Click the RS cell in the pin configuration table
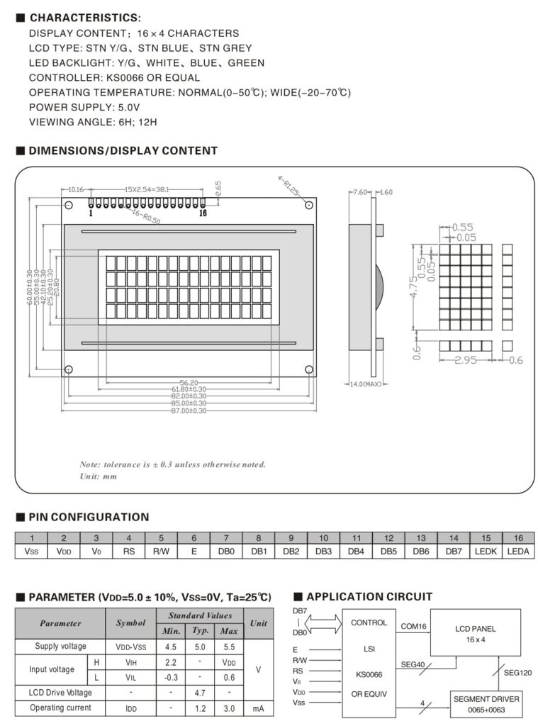128,551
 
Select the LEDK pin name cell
486,551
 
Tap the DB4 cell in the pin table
357,551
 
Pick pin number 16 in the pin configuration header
518,537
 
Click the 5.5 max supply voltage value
228,647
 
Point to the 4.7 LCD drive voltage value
201,692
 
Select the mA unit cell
258,708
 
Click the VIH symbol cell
130,661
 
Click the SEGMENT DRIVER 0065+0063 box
486,704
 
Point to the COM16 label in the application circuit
413,627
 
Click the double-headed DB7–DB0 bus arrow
323,622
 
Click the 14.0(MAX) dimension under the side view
365,384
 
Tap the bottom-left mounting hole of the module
69,369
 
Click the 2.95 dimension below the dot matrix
466,360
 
